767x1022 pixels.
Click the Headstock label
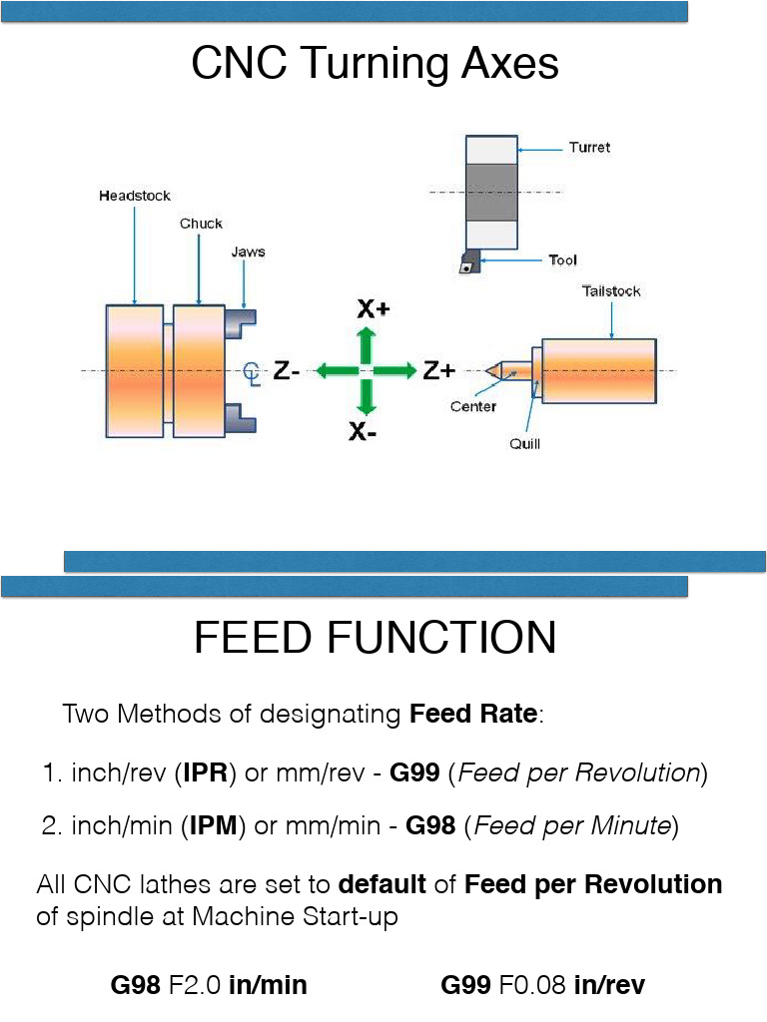(x=134, y=196)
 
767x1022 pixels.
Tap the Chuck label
(x=201, y=224)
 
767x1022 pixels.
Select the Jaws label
(x=248, y=252)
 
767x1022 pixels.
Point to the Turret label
(x=589, y=148)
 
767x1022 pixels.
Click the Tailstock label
(x=611, y=291)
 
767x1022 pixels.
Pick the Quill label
(x=524, y=443)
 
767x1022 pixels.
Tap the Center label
(x=473, y=407)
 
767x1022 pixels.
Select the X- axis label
(x=363, y=433)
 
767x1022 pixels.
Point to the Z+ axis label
(x=438, y=371)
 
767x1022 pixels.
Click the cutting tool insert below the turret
(x=466, y=263)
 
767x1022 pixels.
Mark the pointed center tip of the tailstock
(x=490, y=370)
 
